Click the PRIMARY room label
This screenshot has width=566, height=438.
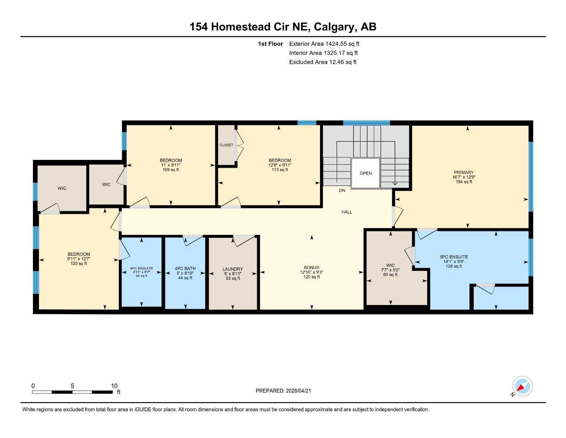click(463, 172)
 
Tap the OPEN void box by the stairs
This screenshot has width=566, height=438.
click(366, 173)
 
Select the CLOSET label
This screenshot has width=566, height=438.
click(226, 145)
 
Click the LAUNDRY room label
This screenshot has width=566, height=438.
click(232, 269)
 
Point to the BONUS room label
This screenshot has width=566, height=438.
click(311, 268)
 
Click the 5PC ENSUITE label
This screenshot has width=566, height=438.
click(454, 257)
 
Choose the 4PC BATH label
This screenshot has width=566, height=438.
click(185, 269)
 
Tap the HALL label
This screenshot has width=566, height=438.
click(346, 212)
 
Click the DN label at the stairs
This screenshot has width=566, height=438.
click(342, 191)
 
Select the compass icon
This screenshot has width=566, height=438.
click(522, 387)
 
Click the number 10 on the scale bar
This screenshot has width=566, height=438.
click(114, 386)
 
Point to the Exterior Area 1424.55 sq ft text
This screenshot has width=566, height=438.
click(324, 44)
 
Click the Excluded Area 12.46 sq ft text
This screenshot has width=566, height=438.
click(323, 62)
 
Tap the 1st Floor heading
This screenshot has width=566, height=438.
click(270, 44)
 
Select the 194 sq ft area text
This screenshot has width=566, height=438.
click(463, 182)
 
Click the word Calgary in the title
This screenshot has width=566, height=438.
click(334, 27)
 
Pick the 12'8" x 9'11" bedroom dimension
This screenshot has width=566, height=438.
click(280, 165)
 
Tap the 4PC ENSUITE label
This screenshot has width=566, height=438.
click(141, 268)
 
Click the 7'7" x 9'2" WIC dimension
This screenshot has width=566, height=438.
click(390, 270)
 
